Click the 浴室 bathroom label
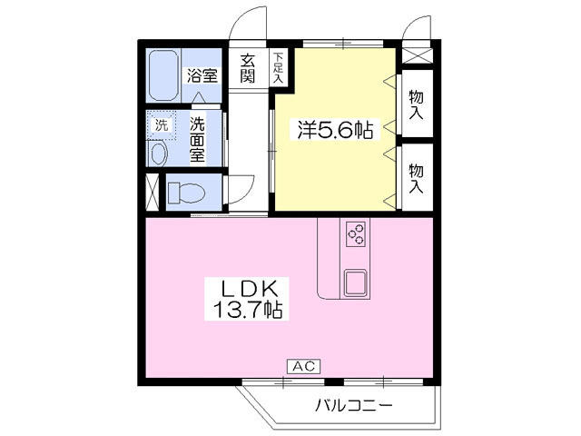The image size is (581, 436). pyautogui.click(x=202, y=76)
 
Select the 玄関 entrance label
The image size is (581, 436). pyautogui.click(x=248, y=68)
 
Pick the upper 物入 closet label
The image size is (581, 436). pyautogui.click(x=417, y=105)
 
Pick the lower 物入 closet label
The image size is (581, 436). pyautogui.click(x=417, y=178)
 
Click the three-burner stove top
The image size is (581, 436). pyautogui.click(x=355, y=233)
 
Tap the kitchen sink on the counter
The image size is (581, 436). pyautogui.click(x=354, y=282)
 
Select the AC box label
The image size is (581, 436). pyautogui.click(x=303, y=366)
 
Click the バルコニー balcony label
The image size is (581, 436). pyautogui.click(x=355, y=405)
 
